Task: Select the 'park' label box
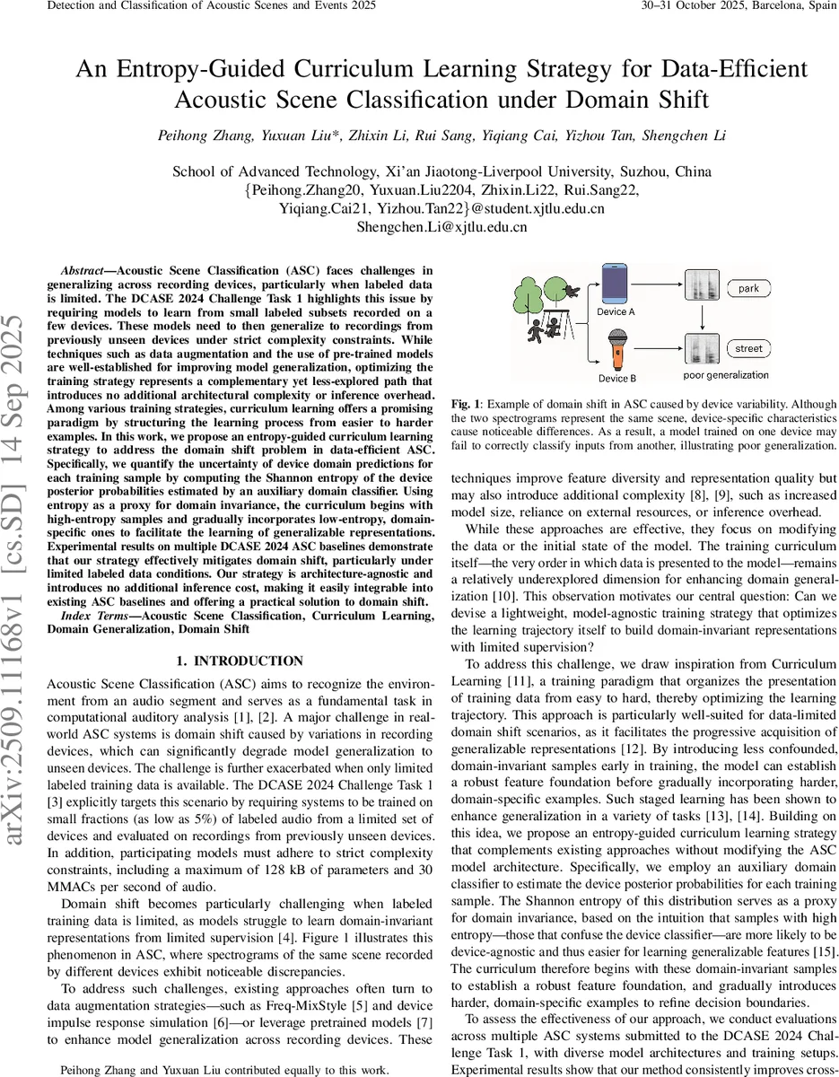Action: tap(748, 289)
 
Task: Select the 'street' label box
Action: tap(748, 348)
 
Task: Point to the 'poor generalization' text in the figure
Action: tap(726, 376)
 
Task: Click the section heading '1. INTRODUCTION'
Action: tap(240, 661)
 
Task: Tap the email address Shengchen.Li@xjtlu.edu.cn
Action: tap(441, 227)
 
